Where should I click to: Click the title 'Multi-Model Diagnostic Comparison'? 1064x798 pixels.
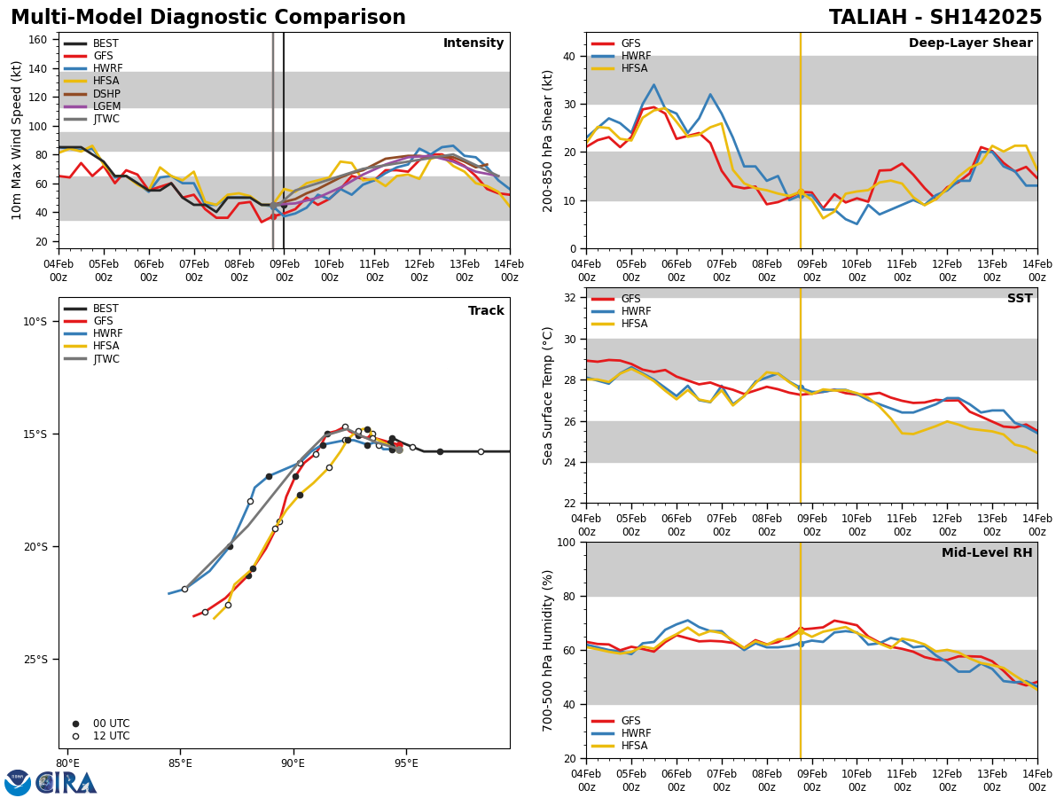click(x=208, y=18)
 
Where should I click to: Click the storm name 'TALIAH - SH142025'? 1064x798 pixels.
click(x=935, y=18)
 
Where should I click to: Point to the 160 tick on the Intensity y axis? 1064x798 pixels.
click(x=39, y=40)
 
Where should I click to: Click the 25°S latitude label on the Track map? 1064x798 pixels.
click(x=35, y=660)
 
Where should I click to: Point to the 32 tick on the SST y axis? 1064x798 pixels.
click(x=571, y=298)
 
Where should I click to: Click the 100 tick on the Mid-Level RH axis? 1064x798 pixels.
click(x=567, y=543)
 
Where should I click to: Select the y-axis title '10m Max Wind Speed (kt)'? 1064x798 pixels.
click(x=17, y=140)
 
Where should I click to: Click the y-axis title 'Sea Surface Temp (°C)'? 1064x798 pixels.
click(x=548, y=395)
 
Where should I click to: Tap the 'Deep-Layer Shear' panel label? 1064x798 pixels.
click(x=970, y=43)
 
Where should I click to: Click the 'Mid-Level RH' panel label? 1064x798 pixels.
click(x=987, y=553)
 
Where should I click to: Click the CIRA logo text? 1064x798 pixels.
click(x=67, y=783)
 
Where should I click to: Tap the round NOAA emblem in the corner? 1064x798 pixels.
click(x=18, y=783)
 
